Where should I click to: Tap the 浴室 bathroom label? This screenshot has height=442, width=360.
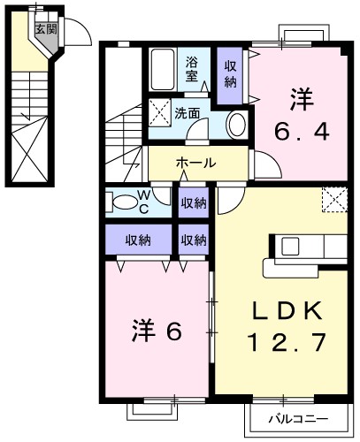click(192, 71)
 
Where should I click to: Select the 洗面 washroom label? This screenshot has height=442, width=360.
click(187, 113)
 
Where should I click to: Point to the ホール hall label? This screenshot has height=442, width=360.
click(195, 163)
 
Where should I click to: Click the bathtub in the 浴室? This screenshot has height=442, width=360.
click(162, 69)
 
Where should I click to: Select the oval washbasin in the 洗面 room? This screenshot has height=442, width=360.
click(236, 126)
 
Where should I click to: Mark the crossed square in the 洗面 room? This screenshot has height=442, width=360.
click(159, 113)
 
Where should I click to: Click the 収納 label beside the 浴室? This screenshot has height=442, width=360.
click(230, 73)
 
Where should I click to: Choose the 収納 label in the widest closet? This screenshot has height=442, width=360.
click(137, 240)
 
